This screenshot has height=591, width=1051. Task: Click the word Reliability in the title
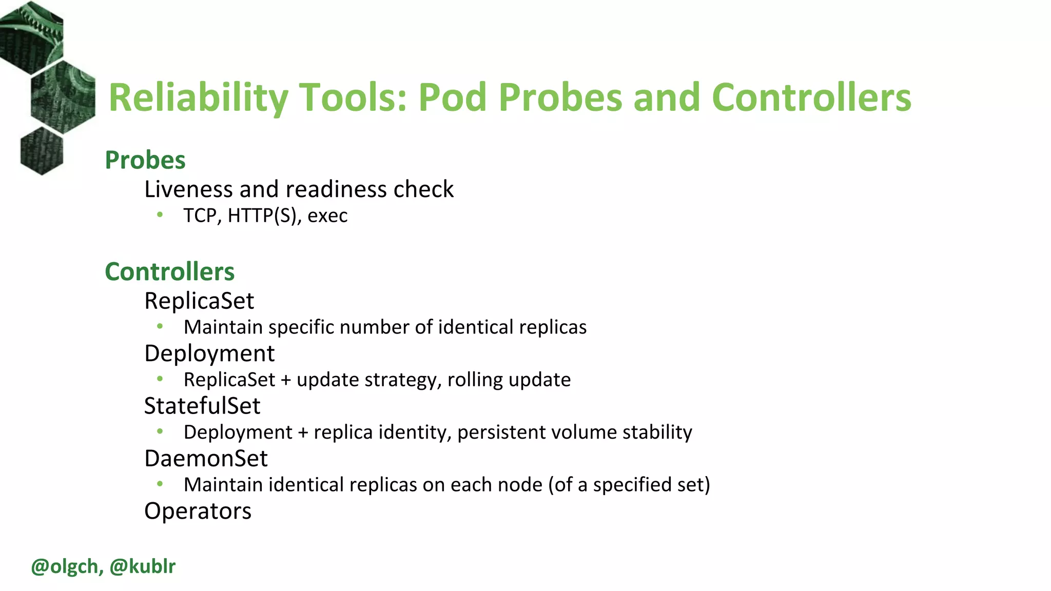(198, 97)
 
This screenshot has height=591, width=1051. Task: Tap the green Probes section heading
(145, 160)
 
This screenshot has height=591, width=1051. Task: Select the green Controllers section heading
(169, 271)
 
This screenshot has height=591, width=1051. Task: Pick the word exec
(327, 215)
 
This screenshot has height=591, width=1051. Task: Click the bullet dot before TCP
(160, 214)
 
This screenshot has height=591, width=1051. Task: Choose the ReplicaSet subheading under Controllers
(199, 301)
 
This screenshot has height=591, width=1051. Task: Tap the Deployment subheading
(209, 353)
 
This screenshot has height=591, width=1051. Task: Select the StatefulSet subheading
(202, 406)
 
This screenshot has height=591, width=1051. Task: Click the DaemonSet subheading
(206, 458)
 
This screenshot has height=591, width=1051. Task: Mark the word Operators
(198, 511)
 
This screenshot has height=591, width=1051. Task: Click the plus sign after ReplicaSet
(286, 380)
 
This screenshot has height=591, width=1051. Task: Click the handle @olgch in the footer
(64, 566)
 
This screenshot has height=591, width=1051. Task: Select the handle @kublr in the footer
(143, 566)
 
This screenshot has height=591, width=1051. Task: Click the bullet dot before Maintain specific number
(160, 326)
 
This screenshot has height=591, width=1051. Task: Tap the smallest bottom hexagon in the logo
(42, 151)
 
